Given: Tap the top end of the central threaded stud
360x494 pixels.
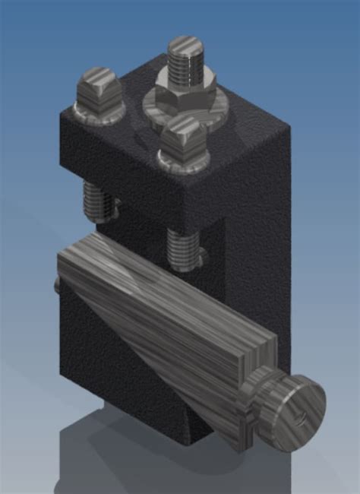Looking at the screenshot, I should (182, 44).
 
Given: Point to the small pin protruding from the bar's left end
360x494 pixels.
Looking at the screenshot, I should (57, 284).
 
